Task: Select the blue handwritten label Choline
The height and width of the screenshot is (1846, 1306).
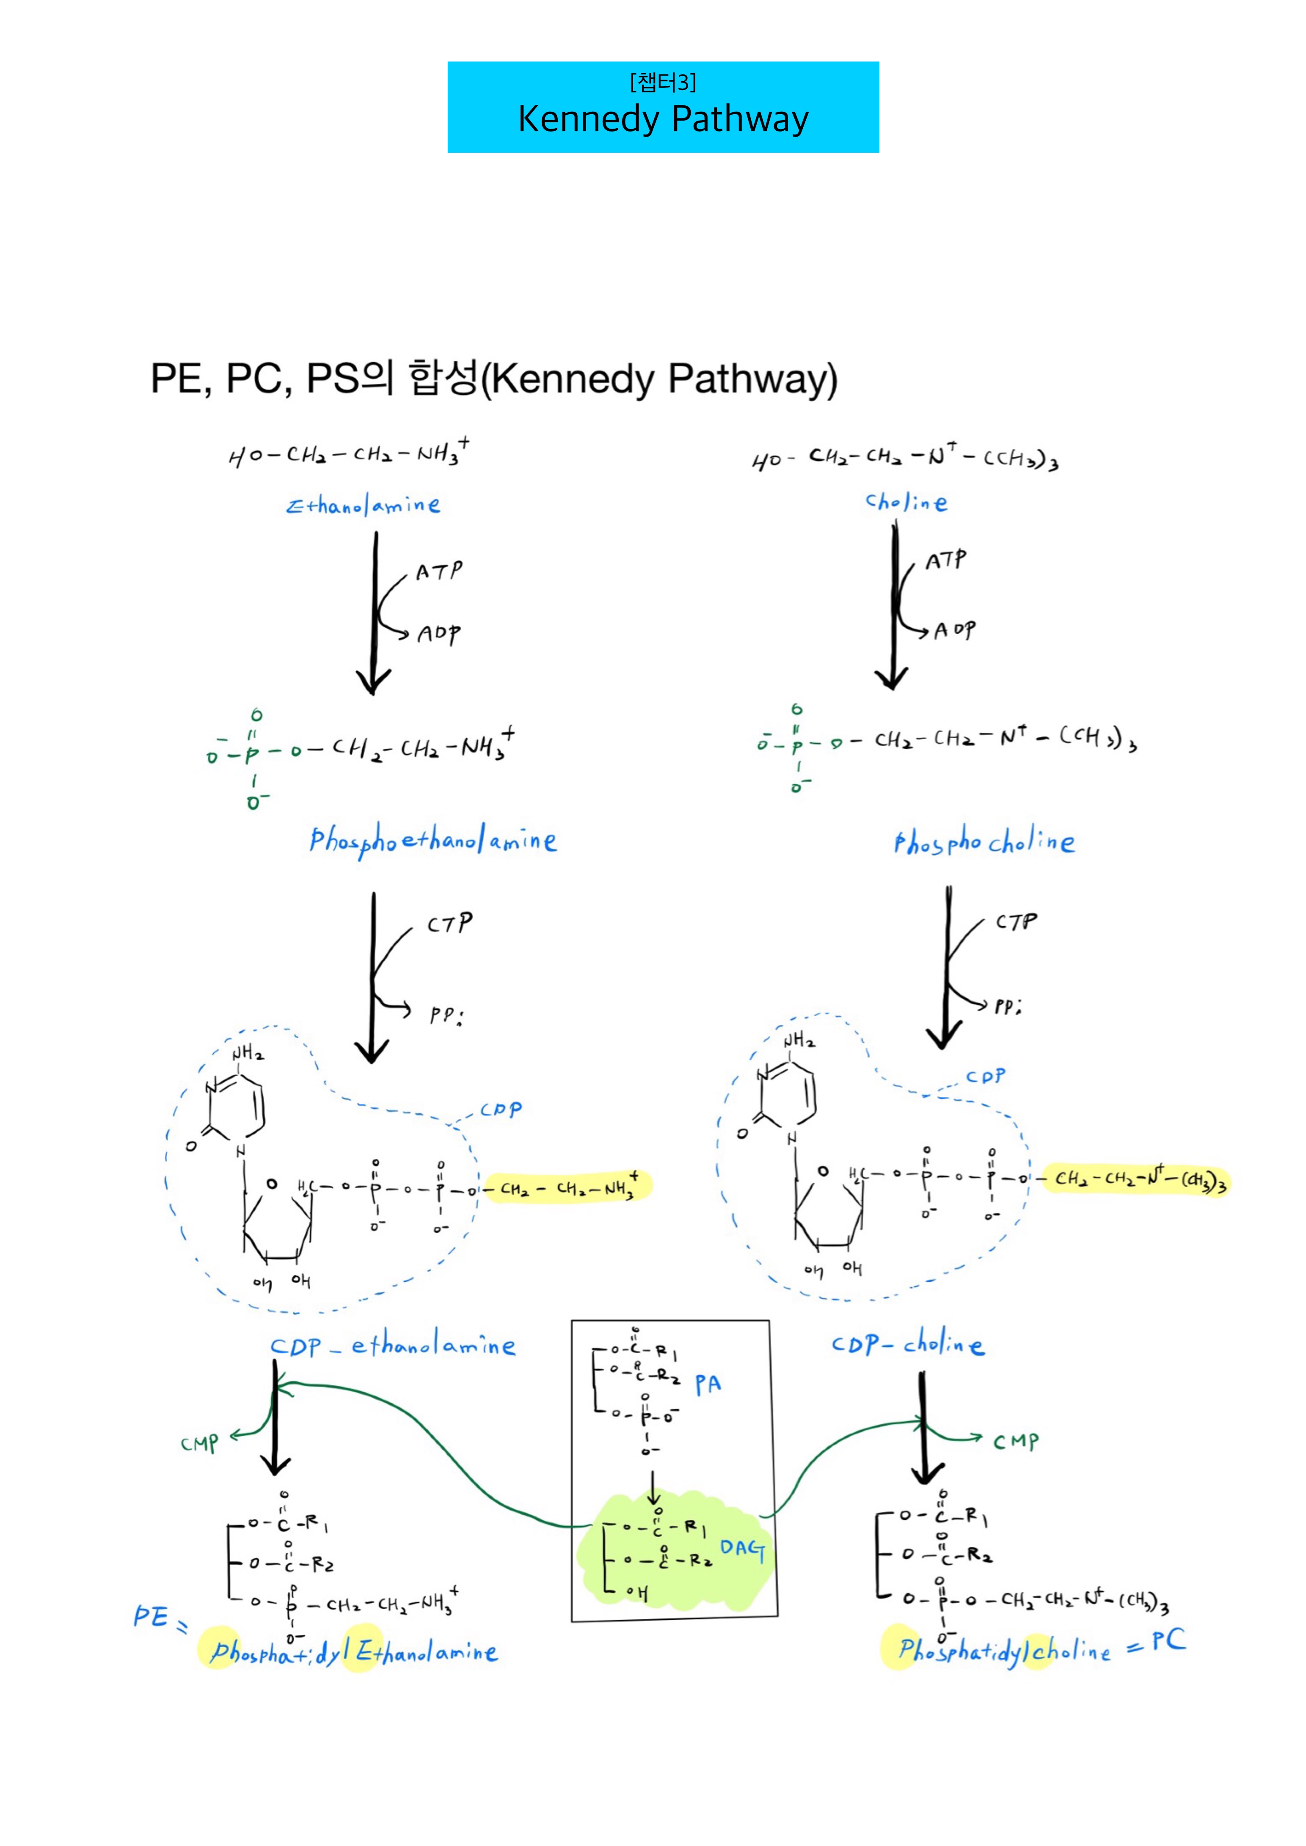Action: (x=906, y=503)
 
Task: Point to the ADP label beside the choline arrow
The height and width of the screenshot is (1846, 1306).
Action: (x=955, y=630)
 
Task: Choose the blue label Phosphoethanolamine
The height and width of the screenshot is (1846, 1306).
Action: (x=433, y=841)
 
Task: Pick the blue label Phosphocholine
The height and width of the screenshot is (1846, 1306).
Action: (x=984, y=843)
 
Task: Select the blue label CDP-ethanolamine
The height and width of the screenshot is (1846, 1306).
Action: (x=392, y=1346)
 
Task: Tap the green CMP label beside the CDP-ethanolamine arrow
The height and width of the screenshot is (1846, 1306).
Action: (x=199, y=1443)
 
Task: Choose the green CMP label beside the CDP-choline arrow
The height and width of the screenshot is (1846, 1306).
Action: (x=1016, y=1441)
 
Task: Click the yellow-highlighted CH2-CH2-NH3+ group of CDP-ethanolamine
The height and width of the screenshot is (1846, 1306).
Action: (x=567, y=1187)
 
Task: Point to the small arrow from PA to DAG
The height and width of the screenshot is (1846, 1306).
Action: (x=653, y=1487)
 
